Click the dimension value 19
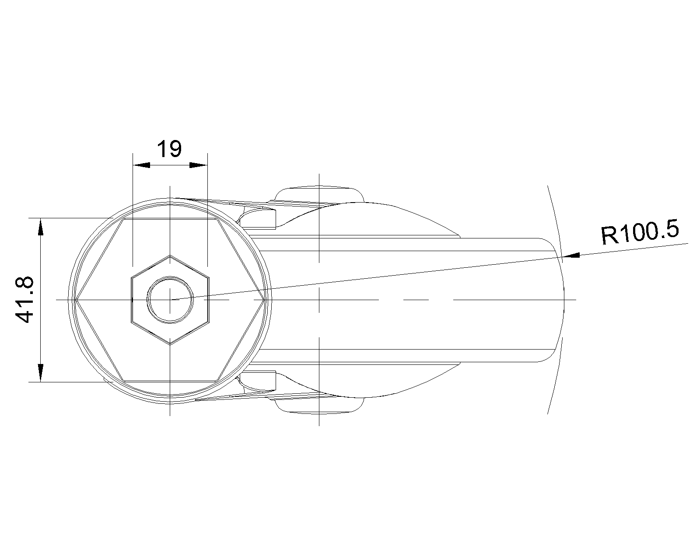click(169, 149)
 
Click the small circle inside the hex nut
click(170, 300)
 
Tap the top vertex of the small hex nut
click(170, 255)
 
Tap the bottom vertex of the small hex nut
click(170, 344)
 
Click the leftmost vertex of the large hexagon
click(75, 300)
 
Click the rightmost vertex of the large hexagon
click(264, 300)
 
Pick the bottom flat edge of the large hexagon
click(170, 380)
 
